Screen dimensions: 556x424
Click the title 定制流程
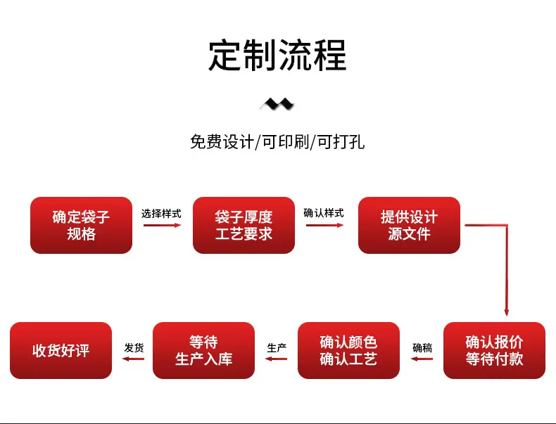(277, 56)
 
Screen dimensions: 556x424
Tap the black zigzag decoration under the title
(277, 104)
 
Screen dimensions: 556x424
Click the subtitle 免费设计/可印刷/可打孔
(277, 142)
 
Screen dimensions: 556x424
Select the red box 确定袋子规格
(81, 225)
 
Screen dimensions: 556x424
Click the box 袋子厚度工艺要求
(244, 225)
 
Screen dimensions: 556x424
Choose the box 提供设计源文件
(409, 225)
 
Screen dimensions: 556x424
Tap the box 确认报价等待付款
(494, 350)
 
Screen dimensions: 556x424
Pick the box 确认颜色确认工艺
(348, 350)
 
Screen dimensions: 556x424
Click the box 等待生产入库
(203, 350)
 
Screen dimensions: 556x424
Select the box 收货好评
(61, 350)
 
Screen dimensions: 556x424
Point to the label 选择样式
(161, 214)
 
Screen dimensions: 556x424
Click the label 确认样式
(324, 213)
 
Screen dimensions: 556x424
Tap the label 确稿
(422, 348)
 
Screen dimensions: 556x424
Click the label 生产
(277, 348)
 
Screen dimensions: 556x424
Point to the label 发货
(134, 348)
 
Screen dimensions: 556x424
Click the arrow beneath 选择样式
(163, 225)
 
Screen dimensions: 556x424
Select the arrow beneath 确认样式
(325, 225)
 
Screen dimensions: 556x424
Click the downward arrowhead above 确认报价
(507, 312)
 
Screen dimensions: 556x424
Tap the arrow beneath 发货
(133, 359)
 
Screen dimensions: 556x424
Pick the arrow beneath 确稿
(422, 359)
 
